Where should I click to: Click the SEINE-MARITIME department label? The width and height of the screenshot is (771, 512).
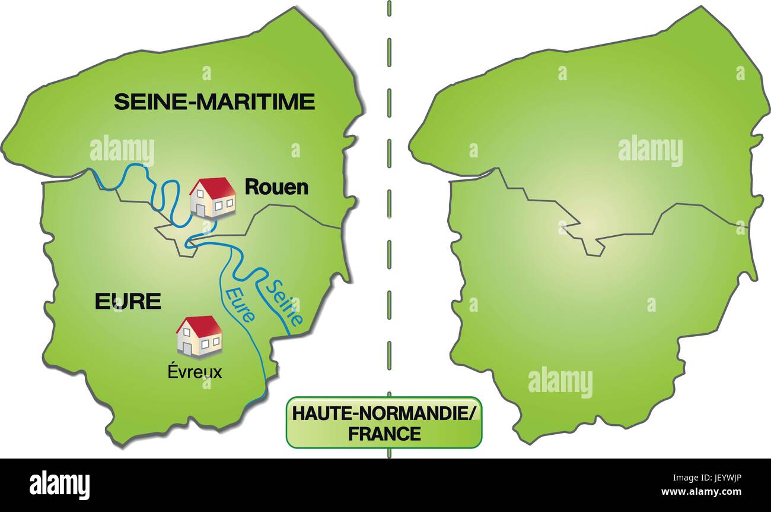tap(214, 102)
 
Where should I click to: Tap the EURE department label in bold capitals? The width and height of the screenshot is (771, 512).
tap(128, 302)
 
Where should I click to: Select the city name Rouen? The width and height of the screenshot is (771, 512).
tap(277, 188)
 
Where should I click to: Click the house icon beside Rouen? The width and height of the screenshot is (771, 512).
tap(212, 197)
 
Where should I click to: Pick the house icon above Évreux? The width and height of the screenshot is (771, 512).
tap(199, 336)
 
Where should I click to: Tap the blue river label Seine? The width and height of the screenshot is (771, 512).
tap(283, 302)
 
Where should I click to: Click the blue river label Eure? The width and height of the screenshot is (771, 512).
tap(241, 304)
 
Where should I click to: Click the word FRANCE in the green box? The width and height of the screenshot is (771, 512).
tap(384, 434)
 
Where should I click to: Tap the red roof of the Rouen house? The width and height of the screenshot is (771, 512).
tap(216, 187)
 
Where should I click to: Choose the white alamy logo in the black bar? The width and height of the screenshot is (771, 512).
tap(60, 485)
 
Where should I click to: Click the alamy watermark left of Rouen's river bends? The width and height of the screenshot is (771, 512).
tap(122, 151)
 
